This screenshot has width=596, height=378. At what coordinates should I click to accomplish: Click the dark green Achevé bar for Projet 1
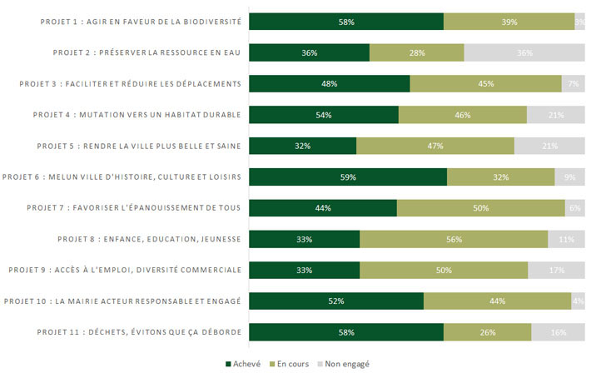(346, 22)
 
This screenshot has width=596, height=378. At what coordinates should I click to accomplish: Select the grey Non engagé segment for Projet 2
(524, 53)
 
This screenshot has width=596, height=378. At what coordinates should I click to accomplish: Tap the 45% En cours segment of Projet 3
(486, 84)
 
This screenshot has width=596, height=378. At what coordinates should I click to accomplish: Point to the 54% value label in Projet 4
(324, 115)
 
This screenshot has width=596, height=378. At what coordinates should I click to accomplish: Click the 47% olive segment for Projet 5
(435, 146)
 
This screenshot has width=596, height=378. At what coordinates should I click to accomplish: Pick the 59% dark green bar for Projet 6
(348, 177)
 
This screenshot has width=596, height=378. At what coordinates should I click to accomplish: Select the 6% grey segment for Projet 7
(574, 208)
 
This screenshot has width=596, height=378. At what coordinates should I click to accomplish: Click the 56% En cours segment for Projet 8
(454, 239)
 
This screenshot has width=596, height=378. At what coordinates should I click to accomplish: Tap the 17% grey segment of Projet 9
(556, 270)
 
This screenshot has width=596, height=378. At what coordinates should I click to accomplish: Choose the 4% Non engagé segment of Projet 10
(578, 301)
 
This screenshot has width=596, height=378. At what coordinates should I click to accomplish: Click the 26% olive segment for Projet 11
(487, 332)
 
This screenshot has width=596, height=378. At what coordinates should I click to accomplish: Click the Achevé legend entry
(243, 364)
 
